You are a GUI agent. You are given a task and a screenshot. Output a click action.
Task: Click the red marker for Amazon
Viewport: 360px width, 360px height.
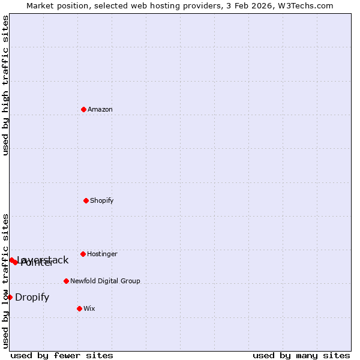pos(83,109)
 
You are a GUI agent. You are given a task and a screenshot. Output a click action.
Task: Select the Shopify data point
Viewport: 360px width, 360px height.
pos(86,200)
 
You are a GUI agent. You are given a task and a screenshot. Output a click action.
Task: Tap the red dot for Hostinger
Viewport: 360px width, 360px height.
pos(83,254)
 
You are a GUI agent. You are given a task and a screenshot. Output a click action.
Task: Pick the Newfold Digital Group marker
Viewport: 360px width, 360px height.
pos(66,281)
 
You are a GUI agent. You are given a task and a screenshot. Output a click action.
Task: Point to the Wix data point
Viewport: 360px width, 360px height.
pos(79,308)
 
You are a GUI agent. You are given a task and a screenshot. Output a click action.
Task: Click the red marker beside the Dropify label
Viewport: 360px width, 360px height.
pos(10,297)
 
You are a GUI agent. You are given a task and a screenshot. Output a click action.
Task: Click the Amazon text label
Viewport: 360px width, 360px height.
pos(100,110)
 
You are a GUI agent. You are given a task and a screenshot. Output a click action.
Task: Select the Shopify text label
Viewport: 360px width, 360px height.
pos(102,201)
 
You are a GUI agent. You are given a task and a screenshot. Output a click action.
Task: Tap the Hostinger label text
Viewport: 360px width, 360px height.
pos(103,254)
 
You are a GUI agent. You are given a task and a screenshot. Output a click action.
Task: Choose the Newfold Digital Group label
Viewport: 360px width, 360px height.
pos(105,281)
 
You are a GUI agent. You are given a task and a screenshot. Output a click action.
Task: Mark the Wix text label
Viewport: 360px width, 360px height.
pos(89,309)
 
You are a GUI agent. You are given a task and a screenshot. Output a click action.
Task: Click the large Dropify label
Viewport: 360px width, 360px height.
pos(32,298)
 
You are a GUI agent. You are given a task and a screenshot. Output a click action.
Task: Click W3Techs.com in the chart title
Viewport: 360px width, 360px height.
pos(308,5)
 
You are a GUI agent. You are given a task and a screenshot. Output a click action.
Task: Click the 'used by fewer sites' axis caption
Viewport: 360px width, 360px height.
pos(62,356)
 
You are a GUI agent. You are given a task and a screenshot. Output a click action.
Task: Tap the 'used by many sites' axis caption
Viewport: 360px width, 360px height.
pos(301,356)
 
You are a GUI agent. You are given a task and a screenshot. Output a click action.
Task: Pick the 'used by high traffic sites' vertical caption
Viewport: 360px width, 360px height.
pos(5,85)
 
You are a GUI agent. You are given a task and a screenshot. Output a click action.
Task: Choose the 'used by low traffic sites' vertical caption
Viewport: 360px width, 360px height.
pos(5,281)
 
